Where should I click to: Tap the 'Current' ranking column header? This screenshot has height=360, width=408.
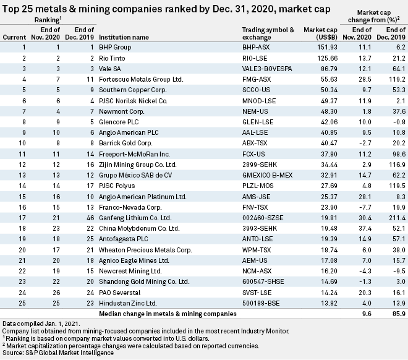point(15,36)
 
